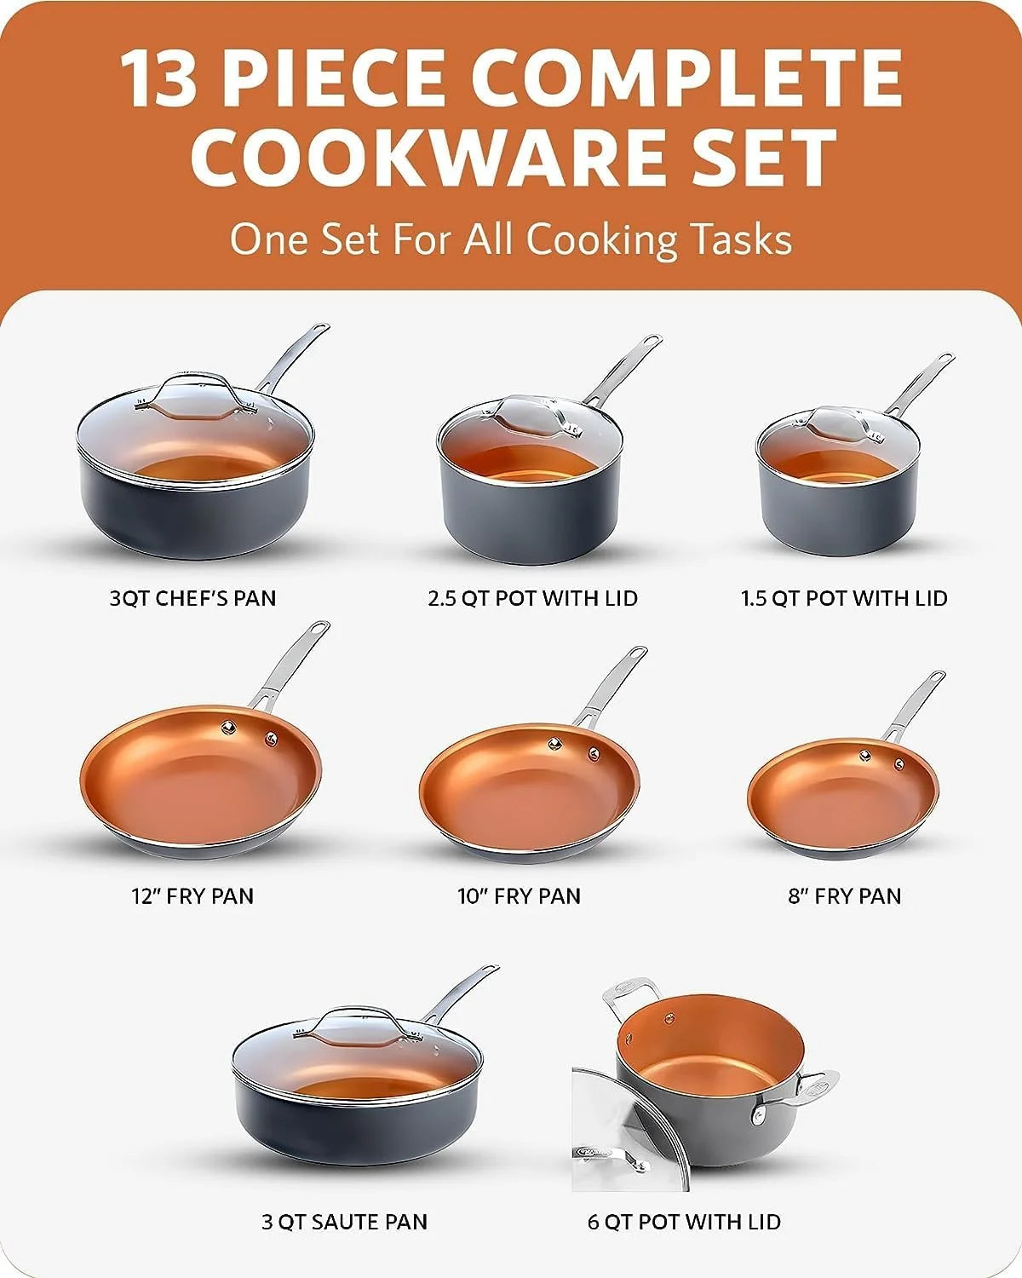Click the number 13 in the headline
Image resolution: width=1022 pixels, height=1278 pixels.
160,78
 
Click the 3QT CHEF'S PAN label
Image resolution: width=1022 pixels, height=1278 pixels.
193,598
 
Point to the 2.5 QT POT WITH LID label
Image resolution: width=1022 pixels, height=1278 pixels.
532,598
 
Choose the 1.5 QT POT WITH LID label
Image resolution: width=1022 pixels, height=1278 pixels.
844,598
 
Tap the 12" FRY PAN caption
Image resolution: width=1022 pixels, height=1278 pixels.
192,896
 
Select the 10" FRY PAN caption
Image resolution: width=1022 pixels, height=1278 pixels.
519,896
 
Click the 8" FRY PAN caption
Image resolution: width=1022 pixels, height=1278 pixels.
845,896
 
